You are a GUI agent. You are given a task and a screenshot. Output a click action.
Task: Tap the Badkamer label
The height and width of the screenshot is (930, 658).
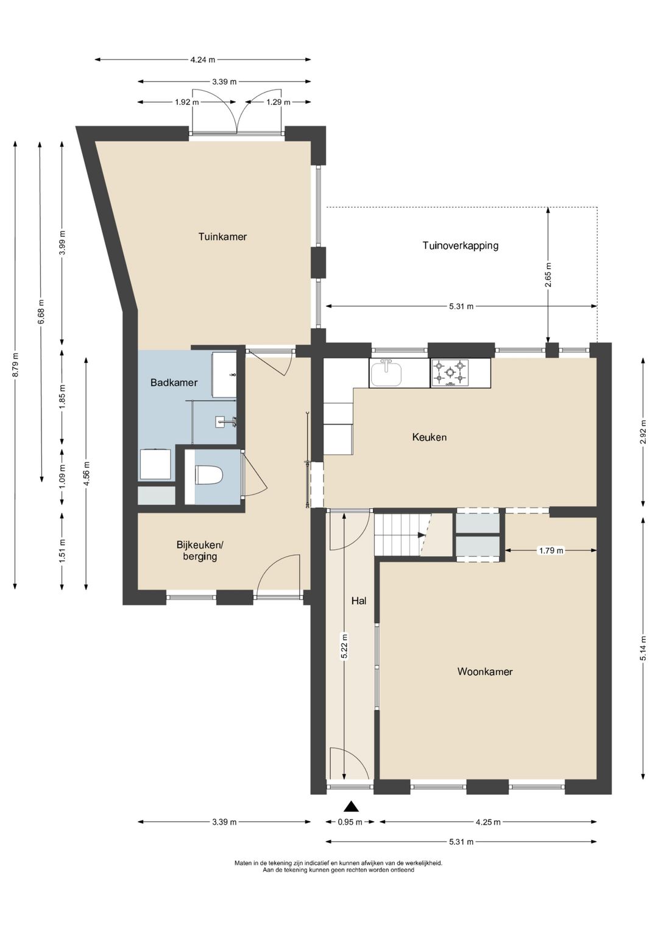174,382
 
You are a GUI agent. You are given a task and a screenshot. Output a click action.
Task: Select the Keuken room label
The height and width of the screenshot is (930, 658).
430,437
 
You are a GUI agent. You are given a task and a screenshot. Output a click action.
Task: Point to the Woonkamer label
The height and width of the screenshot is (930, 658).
485,671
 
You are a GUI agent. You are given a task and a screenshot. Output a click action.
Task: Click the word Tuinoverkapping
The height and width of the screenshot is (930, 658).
460,245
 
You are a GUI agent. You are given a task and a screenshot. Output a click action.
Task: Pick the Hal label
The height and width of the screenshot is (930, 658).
359,601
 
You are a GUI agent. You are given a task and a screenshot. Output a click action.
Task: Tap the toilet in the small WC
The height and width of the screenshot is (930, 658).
209,475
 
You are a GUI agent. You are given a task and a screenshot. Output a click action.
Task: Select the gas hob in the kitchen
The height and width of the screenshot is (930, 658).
448,373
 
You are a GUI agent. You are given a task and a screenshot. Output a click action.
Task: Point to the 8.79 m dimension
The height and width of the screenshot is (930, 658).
15,365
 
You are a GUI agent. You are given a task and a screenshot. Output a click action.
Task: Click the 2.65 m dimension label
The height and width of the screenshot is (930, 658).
548,275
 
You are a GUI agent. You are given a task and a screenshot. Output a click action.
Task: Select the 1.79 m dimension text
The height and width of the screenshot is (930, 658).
551,551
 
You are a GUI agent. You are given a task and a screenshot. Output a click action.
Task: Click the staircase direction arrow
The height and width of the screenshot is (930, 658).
421,535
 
